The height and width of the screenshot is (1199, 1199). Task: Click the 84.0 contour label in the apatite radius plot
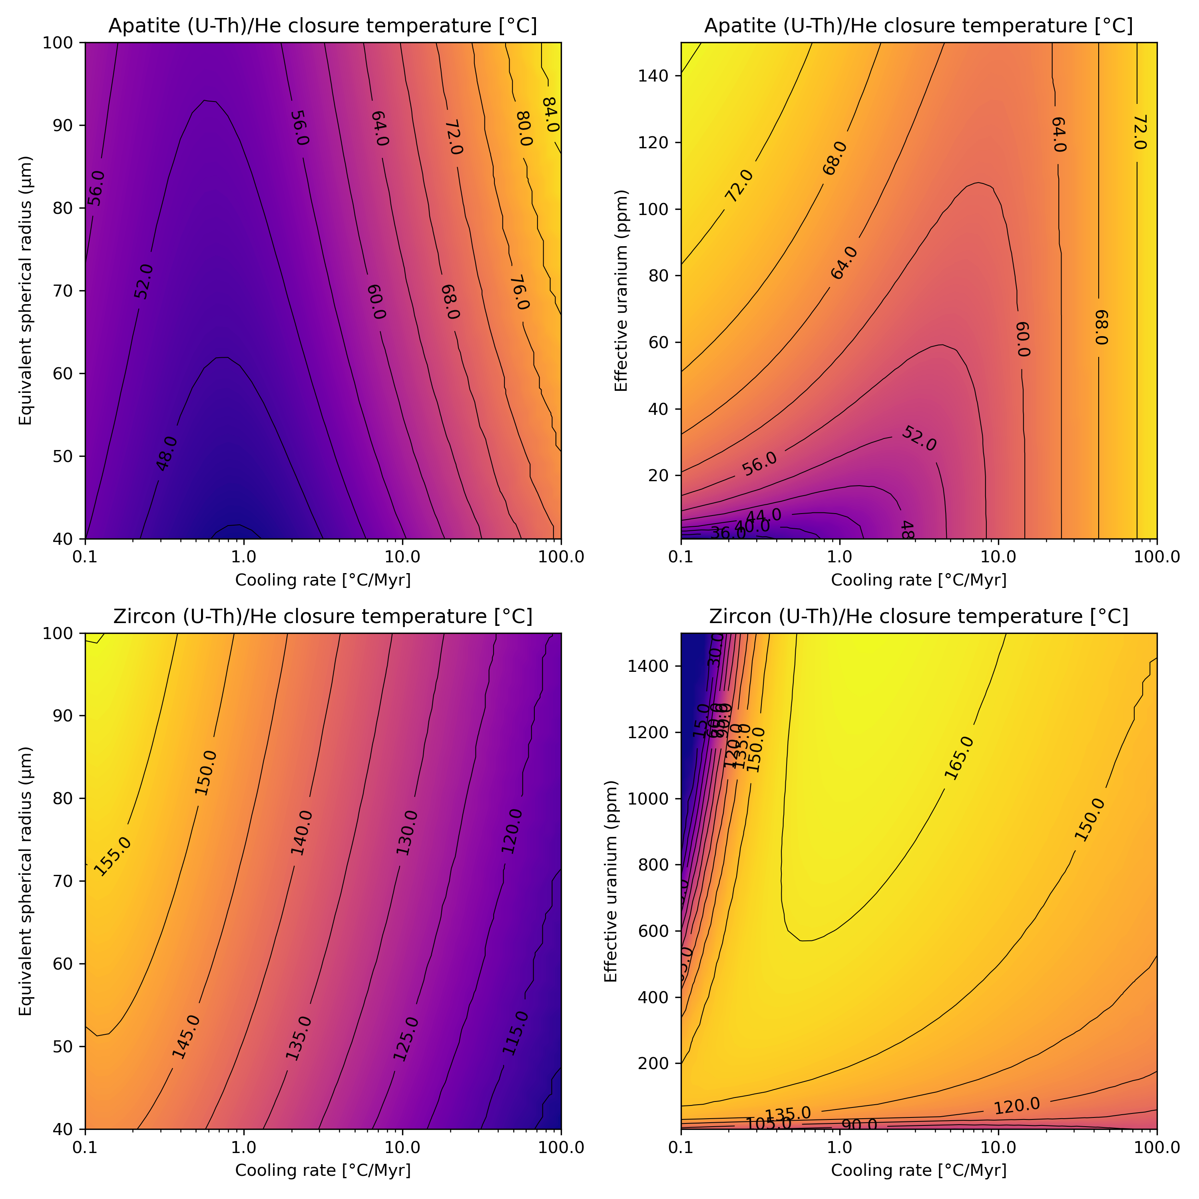click(x=550, y=115)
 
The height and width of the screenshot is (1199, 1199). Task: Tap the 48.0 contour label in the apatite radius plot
click(x=166, y=454)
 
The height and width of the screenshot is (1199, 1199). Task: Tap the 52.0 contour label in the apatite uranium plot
click(x=918, y=439)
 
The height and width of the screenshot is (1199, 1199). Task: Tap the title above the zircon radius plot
click(x=323, y=617)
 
